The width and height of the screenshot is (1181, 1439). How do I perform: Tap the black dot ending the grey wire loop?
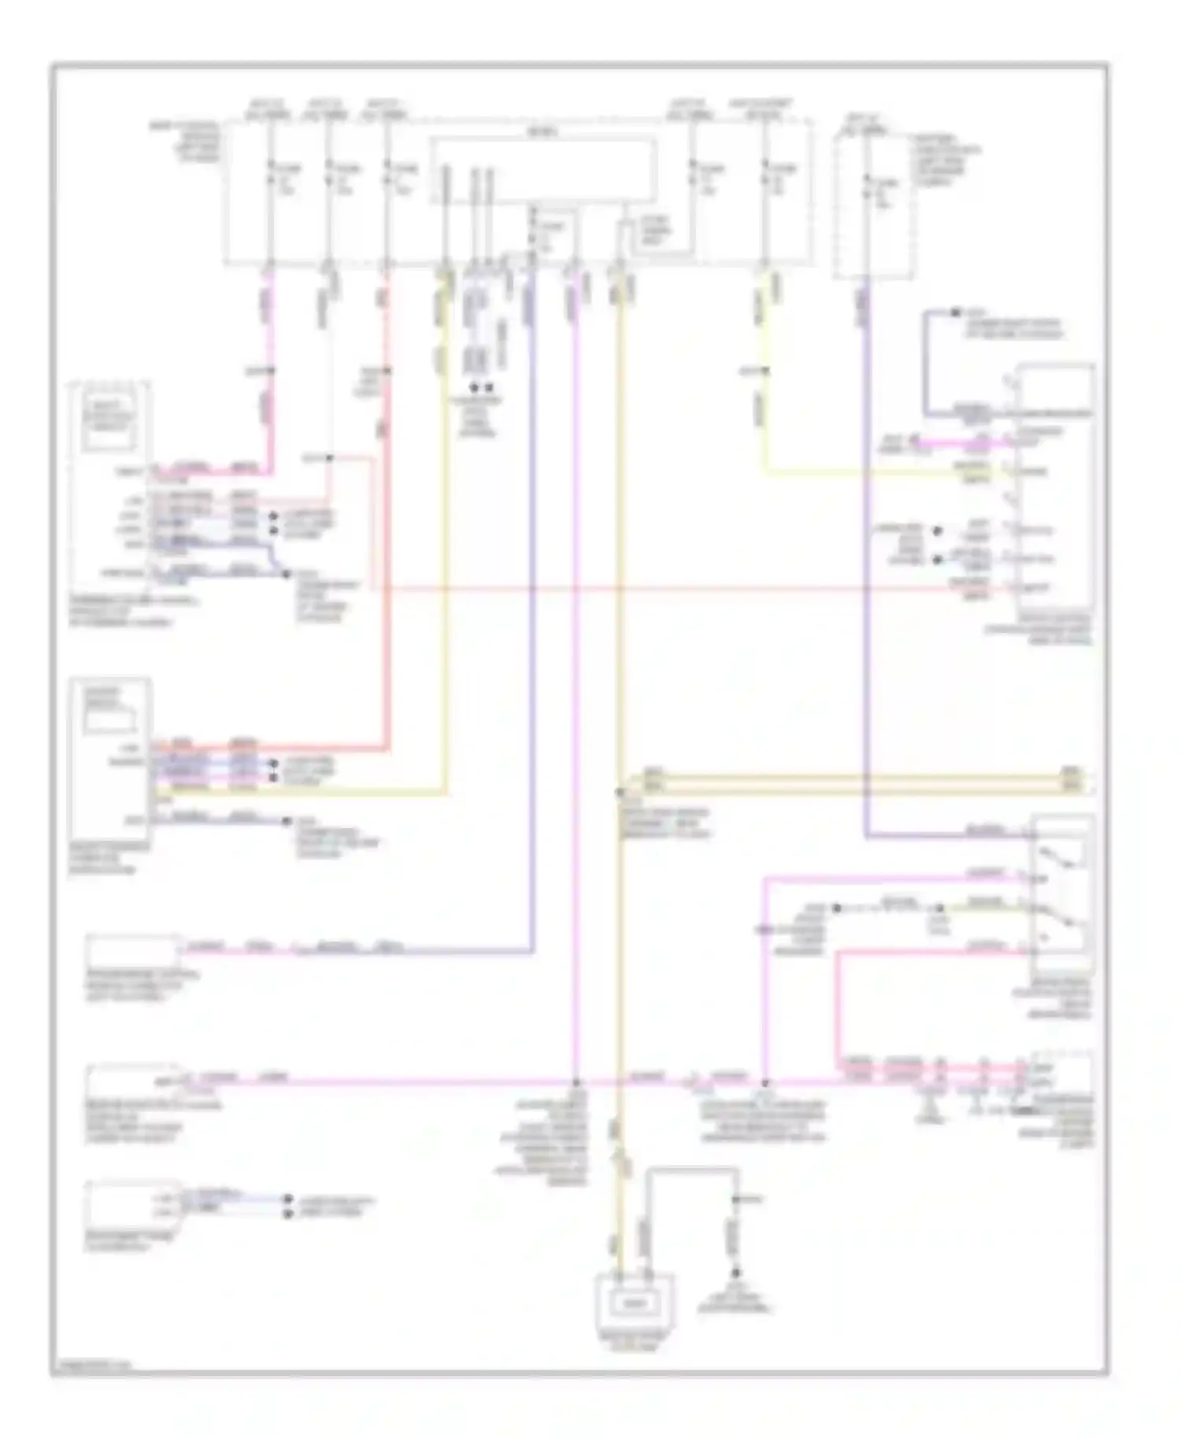coord(737,1273)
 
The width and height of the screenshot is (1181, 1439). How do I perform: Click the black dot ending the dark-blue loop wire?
coord(955,313)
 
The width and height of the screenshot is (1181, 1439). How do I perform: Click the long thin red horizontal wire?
coord(693,588)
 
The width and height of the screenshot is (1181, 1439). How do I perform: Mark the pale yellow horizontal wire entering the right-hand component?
coord(890,473)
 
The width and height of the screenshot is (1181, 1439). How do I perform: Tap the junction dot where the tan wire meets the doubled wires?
coord(620,790)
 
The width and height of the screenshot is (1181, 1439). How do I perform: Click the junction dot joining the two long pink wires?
coord(576,1082)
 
